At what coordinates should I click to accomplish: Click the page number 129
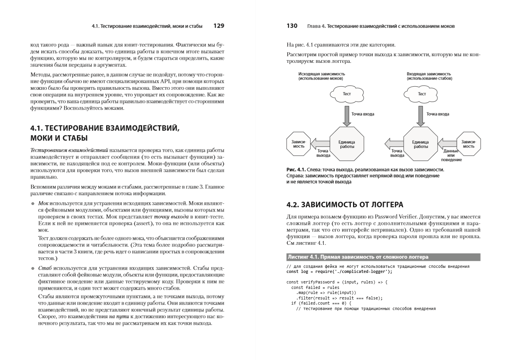click(x=219, y=26)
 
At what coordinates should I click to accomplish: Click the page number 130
click(x=292, y=26)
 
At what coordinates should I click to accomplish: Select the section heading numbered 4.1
click(x=105, y=133)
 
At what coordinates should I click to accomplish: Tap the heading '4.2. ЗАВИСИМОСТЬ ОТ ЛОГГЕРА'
click(x=345, y=205)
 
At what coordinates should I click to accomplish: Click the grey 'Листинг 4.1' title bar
click(x=383, y=257)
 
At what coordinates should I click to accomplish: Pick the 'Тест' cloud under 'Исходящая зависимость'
click(x=346, y=94)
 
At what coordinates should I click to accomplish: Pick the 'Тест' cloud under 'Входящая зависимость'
click(x=422, y=94)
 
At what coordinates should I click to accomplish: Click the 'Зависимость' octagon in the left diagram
click(x=299, y=144)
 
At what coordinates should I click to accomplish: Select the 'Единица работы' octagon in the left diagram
click(x=346, y=144)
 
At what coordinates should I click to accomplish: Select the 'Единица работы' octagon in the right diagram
click(x=420, y=144)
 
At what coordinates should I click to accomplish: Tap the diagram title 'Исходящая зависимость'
click(x=321, y=74)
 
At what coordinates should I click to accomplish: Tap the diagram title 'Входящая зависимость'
click(x=429, y=74)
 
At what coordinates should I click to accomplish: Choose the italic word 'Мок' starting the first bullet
click(x=43, y=203)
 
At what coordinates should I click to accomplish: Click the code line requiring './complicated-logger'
click(x=339, y=272)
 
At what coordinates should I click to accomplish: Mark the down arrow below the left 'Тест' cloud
click(x=346, y=116)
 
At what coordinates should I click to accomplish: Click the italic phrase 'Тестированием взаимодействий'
click(x=69, y=150)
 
